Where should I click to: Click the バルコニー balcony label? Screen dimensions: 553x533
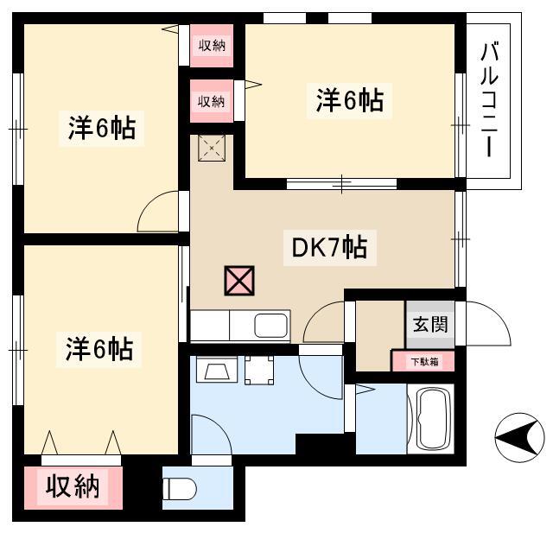click(490, 99)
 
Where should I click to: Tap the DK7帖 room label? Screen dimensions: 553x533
click(330, 247)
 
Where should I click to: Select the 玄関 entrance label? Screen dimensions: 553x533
click(430, 324)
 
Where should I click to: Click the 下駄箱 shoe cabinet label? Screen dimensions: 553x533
click(424, 362)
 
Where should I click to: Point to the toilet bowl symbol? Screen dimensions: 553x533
click(179, 489)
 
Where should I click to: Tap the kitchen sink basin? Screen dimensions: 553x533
click(270, 326)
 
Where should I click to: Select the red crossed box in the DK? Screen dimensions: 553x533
click(239, 281)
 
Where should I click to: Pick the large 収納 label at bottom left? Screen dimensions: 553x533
click(73, 486)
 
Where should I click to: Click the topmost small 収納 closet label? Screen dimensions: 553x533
click(212, 45)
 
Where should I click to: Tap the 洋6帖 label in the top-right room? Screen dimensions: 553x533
click(349, 101)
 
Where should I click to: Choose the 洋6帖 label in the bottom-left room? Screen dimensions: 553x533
click(99, 349)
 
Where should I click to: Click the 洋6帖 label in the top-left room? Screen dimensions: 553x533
click(102, 128)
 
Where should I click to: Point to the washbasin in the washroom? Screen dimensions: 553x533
click(217, 370)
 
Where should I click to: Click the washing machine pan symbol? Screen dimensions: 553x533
click(259, 370)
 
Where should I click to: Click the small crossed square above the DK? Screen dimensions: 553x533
click(212, 148)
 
